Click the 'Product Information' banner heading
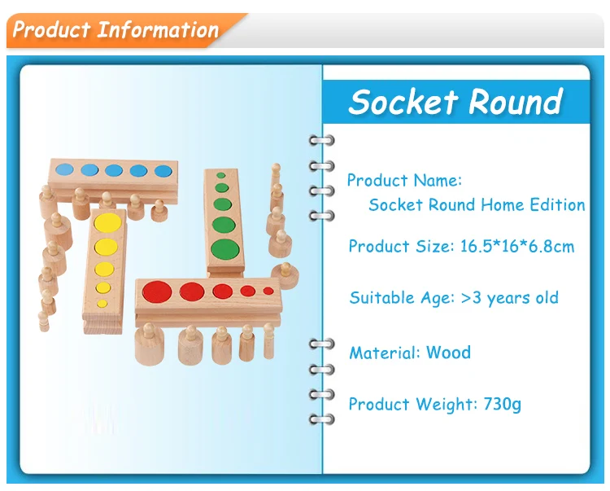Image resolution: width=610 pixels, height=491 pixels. (115, 30)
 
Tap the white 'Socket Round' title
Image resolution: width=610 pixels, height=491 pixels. (456, 102)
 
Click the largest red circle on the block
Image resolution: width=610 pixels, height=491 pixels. (157, 292)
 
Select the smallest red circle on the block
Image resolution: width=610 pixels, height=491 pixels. (268, 291)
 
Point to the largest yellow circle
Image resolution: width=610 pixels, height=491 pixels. (107, 223)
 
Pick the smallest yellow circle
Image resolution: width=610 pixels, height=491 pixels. (102, 304)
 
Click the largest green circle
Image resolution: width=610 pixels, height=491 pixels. (225, 250)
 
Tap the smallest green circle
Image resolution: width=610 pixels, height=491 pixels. (221, 175)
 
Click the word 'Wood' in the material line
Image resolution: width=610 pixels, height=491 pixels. (448, 353)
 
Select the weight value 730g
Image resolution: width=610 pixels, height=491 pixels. (503, 404)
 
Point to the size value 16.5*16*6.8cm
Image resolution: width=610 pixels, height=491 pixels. (517, 247)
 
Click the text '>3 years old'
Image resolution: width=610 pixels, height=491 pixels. (510, 298)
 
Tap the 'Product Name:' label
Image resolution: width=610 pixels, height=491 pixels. (404, 180)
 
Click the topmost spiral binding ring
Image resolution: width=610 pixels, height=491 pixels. (322, 140)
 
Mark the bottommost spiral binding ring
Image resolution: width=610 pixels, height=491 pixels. (322, 419)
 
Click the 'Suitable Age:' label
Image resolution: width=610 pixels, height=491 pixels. (402, 298)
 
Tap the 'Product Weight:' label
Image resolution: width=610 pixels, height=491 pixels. (412, 404)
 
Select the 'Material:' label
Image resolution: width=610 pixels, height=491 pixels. (385, 353)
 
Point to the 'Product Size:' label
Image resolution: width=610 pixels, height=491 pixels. (401, 247)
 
